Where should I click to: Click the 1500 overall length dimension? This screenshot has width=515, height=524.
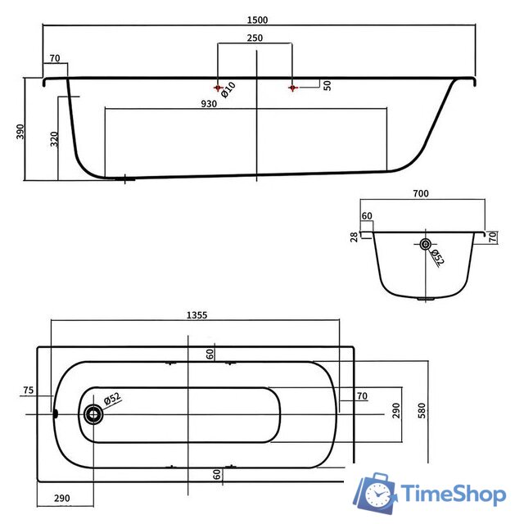pos(257,20)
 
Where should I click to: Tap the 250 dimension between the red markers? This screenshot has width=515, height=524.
pos(255,38)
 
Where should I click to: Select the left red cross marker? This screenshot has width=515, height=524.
pos(219,88)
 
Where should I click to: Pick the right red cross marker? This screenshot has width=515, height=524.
pos(293,88)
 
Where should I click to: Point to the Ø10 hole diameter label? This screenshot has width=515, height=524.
pos(228,90)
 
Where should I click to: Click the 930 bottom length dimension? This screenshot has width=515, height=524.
pos(209,104)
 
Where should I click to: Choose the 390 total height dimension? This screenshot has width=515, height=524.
pos(20,131)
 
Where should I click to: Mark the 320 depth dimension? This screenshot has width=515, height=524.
pos(54,139)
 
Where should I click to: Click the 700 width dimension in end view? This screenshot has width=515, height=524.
pos(420,193)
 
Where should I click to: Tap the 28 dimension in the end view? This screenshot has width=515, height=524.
pos(354,237)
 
